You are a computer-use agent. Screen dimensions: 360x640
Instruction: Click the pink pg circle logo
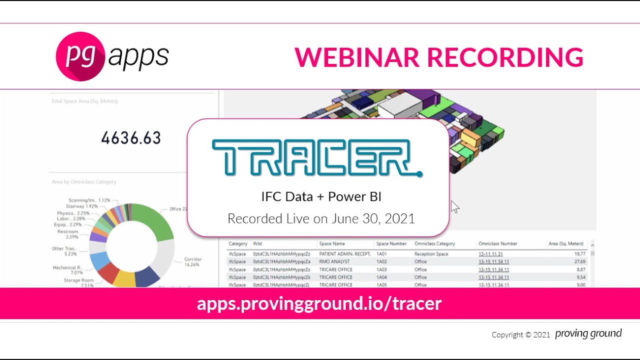tap(80, 56)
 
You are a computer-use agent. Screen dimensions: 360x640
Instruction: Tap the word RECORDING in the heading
tap(505, 57)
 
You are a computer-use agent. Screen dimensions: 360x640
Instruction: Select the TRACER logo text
tap(317, 157)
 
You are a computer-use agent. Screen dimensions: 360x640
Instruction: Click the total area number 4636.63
tap(131, 137)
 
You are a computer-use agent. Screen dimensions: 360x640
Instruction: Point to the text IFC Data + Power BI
tap(321, 196)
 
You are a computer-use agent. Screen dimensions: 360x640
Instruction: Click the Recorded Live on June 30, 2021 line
tap(321, 218)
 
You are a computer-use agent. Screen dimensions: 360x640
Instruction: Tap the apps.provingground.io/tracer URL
tap(319, 303)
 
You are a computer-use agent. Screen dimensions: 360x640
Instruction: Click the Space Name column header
tap(332, 243)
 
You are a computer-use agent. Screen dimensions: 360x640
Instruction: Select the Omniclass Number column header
tap(497, 243)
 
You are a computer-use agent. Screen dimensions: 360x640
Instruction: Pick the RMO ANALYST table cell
tap(334, 261)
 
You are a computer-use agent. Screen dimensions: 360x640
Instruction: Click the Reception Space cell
tap(431, 254)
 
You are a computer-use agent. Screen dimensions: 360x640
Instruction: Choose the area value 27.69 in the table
tap(578, 261)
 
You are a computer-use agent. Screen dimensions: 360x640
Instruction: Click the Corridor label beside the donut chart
tap(192, 259)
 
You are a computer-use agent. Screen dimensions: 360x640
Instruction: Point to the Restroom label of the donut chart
tap(67, 232)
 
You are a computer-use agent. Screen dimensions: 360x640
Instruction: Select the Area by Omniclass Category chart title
tap(83, 182)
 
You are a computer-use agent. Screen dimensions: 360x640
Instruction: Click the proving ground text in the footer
tap(588, 333)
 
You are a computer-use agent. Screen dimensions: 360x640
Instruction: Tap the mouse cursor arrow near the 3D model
tap(454, 206)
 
